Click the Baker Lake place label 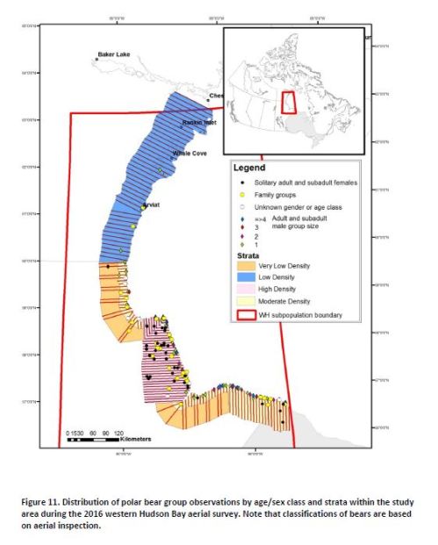[x=114, y=54]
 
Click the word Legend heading [x=249, y=168]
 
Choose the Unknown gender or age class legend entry [x=293, y=206]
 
